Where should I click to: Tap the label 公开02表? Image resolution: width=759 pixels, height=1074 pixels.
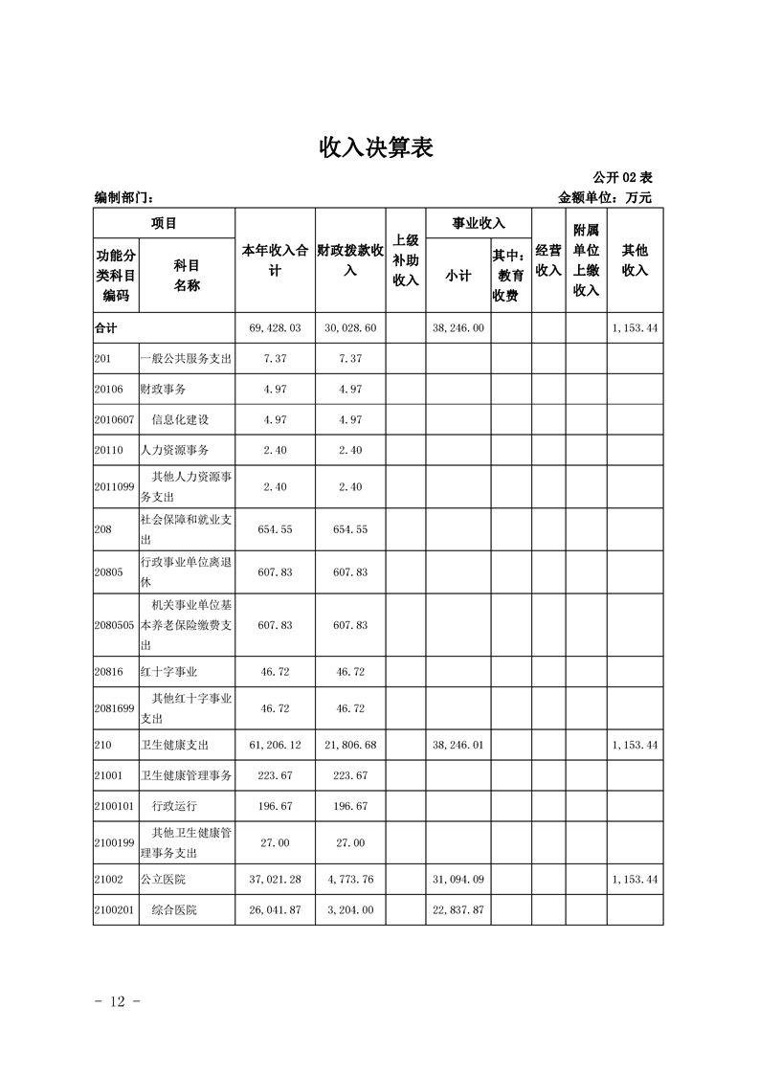click(622, 177)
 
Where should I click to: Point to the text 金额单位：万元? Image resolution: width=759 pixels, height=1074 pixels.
click(604, 198)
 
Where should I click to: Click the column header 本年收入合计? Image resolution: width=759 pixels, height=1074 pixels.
click(275, 260)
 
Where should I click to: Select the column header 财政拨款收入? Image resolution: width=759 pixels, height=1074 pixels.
click(350, 260)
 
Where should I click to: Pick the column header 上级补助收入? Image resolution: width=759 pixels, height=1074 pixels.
click(406, 260)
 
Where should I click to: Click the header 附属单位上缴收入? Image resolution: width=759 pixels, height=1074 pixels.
click(586, 260)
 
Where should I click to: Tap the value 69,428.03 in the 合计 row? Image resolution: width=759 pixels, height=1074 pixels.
click(275, 327)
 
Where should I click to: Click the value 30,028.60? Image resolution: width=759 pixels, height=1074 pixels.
click(350, 327)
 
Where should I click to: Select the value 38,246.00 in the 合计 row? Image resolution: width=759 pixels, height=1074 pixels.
click(458, 327)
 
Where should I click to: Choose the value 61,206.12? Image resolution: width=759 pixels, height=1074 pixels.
click(275, 744)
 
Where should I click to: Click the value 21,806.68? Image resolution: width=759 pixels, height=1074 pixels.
click(350, 744)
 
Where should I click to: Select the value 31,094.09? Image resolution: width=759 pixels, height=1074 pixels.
click(458, 879)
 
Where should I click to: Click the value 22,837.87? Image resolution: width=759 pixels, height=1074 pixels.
click(458, 909)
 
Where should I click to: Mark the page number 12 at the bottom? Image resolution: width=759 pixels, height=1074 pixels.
click(119, 1001)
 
